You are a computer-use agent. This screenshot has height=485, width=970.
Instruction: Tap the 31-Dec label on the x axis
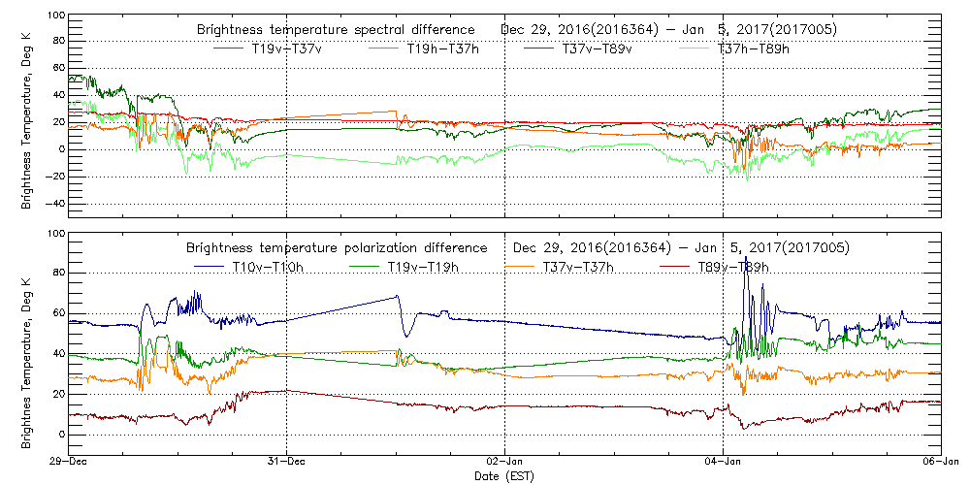287,462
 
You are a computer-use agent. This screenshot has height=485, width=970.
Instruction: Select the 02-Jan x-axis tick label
505,462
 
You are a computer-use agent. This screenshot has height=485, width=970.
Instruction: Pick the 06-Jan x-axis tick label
940,462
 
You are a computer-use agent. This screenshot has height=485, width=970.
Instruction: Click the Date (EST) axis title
505,476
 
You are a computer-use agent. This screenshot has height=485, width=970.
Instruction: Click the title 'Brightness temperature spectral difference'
336,29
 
